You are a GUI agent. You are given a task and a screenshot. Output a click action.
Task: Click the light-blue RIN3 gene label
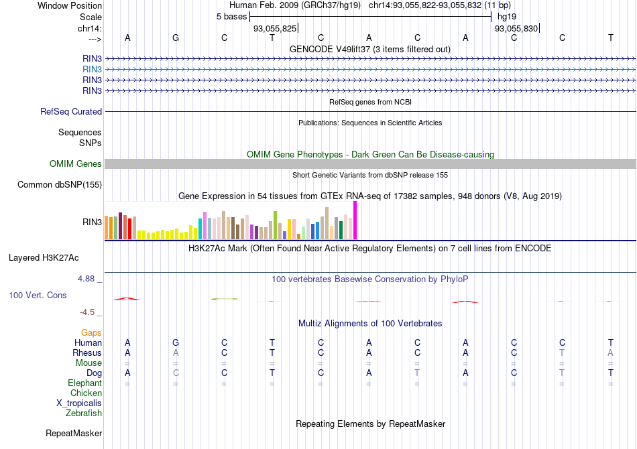[93, 69]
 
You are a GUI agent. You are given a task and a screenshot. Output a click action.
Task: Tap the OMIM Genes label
[76, 164]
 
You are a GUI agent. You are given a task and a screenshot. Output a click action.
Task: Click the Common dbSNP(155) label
[60, 185]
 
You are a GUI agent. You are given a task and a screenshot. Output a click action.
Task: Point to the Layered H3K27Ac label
[55, 257]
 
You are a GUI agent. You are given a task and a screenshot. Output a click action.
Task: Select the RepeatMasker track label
[74, 434]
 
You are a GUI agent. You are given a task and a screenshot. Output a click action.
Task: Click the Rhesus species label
[87, 353]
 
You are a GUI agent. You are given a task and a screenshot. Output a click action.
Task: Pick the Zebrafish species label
[84, 413]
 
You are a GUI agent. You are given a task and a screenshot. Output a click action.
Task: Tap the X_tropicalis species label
[79, 403]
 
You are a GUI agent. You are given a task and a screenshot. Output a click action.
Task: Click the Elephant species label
[84, 383]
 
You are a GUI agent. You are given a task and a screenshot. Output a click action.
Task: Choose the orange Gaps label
[91, 332]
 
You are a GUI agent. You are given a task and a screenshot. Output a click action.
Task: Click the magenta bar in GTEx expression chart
[355, 220]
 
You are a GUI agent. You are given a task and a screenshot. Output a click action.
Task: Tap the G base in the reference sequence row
[176, 38]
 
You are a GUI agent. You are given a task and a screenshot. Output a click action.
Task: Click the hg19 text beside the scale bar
[506, 16]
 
